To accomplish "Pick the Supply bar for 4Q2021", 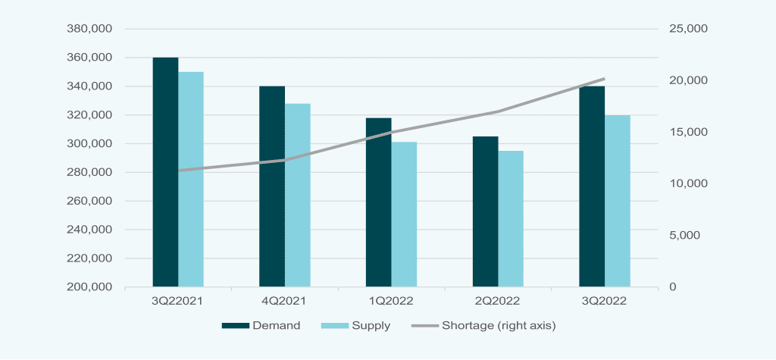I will coord(298,196).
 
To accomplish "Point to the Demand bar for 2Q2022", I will coord(485,211).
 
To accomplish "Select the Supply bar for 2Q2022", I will coord(511,219).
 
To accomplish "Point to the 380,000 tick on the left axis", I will coord(90,29).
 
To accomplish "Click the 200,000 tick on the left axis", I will coord(90,287).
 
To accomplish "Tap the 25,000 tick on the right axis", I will coord(687,29).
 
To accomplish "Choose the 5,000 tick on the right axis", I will coord(684,236).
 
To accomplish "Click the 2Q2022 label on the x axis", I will coord(497,301).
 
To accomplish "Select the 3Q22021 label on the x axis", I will coord(178,301).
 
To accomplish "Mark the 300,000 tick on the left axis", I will coord(90,144).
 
